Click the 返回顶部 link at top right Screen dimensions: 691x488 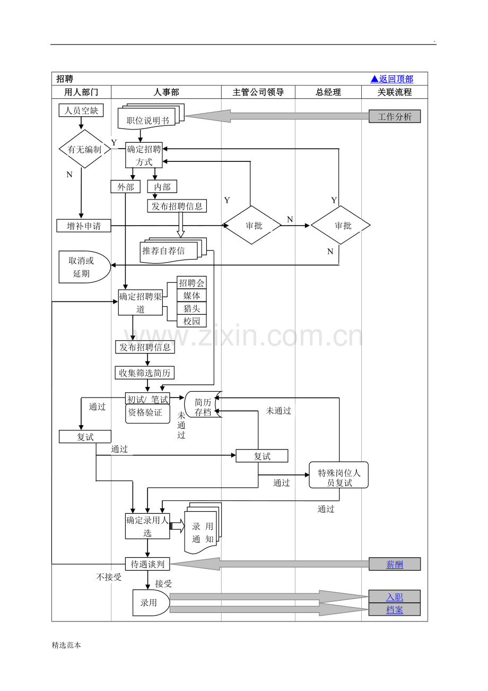coord(391,79)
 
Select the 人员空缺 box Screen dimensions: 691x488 coord(81,110)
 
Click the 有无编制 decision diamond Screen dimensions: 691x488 coord(84,150)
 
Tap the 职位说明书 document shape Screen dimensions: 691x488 coord(148,119)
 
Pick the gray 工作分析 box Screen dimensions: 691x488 coord(395,117)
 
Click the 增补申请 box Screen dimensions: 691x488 coord(84,226)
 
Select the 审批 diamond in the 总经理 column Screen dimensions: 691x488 coord(341,226)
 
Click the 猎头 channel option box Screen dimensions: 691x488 coord(191,308)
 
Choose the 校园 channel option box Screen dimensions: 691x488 coord(191,321)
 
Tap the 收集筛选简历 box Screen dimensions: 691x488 coord(145,373)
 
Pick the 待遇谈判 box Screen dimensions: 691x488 coord(147,564)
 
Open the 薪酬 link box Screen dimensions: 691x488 coord(395,565)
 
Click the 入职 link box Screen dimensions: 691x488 coord(395,597)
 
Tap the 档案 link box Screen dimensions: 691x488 coord(395,610)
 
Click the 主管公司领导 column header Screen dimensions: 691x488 coord(258,92)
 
